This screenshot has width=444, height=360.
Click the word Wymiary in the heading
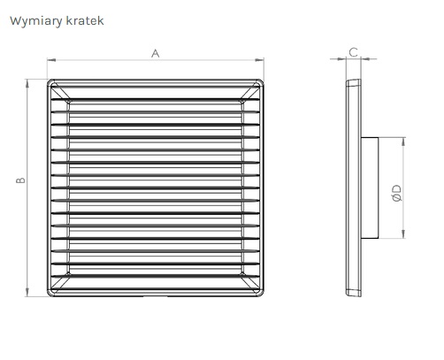point(36,21)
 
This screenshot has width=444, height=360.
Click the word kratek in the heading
point(85,20)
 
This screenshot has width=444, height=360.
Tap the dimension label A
point(156,54)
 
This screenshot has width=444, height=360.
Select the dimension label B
point(20,180)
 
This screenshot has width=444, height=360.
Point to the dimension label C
point(353,52)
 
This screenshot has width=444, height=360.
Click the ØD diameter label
point(397,193)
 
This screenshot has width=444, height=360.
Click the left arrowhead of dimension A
point(51,60)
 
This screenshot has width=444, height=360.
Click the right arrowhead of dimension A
point(259,60)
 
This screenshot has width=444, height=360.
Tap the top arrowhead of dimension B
point(27,84)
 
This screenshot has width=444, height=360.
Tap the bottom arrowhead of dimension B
point(27,292)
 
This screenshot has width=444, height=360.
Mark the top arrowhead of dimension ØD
point(403,142)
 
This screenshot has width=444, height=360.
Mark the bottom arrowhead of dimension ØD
point(403,234)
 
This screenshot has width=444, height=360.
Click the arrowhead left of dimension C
point(341,59)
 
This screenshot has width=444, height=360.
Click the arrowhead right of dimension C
point(365,59)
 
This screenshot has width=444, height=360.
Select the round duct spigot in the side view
point(370,188)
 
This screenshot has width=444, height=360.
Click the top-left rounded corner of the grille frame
point(50,82)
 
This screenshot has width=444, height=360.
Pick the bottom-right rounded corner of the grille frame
point(261,294)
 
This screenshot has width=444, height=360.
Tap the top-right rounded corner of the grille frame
point(261,82)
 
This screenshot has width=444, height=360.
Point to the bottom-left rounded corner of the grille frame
point(50,294)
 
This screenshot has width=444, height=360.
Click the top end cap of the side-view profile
point(353,83)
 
